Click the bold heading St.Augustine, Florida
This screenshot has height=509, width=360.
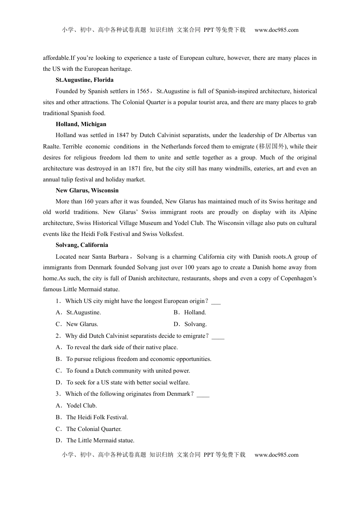85,80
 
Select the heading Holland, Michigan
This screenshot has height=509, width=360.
81,124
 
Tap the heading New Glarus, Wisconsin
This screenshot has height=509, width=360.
87,190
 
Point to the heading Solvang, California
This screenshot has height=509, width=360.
81,245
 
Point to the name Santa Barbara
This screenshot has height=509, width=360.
111,257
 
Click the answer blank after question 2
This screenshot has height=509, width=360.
218,336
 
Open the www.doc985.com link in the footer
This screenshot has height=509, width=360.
276,455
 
